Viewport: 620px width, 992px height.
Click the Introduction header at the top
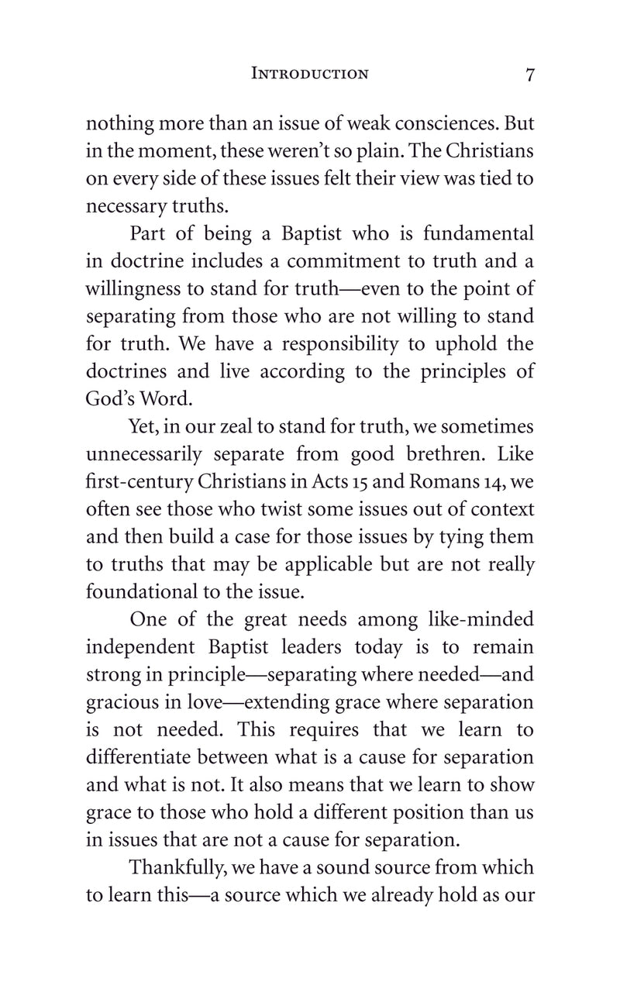click(x=310, y=74)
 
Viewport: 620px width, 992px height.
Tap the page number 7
click(x=529, y=74)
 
